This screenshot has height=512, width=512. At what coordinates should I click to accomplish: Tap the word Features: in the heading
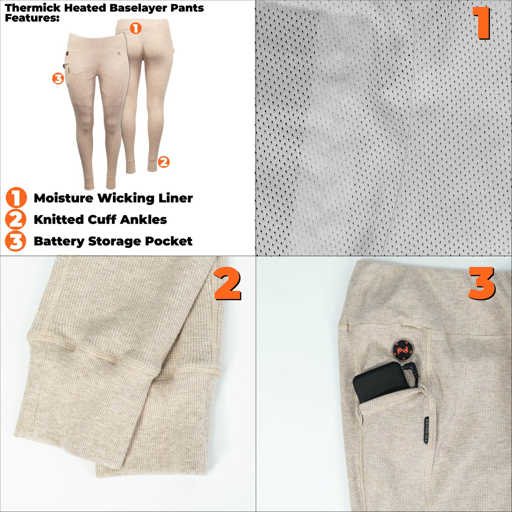pyautogui.click(x=32, y=18)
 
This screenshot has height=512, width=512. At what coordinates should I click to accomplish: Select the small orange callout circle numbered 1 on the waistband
pyautogui.click(x=135, y=28)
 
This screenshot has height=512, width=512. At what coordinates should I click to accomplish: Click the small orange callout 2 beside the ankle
pyautogui.click(x=163, y=162)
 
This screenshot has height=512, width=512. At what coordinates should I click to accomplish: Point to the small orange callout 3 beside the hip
pyautogui.click(x=58, y=78)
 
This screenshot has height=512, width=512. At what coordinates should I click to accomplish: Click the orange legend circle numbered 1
pyautogui.click(x=16, y=198)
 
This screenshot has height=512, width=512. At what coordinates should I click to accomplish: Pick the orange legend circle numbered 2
pyautogui.click(x=16, y=219)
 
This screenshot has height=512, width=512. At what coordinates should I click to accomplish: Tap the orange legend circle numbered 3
pyautogui.click(x=16, y=241)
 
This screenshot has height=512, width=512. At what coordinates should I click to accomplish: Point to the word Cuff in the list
pyautogui.click(x=102, y=220)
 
